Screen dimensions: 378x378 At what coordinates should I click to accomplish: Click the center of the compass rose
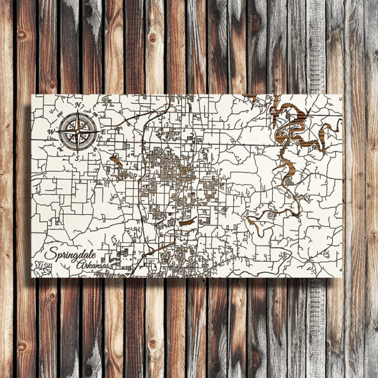[x=78, y=132]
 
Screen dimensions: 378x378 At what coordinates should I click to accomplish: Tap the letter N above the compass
[x=78, y=105]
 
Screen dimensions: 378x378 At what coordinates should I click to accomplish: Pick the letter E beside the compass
[x=103, y=131]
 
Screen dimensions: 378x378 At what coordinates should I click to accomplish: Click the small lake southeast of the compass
[x=116, y=160]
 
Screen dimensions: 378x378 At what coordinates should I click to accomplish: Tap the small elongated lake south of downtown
[x=186, y=222]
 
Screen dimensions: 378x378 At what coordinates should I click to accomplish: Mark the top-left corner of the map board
[x=32, y=95]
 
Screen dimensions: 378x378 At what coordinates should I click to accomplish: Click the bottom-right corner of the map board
[x=343, y=277]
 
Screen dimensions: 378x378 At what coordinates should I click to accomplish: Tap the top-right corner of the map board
[x=343, y=95]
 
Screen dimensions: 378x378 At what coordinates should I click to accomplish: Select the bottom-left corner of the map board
[x=32, y=277]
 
